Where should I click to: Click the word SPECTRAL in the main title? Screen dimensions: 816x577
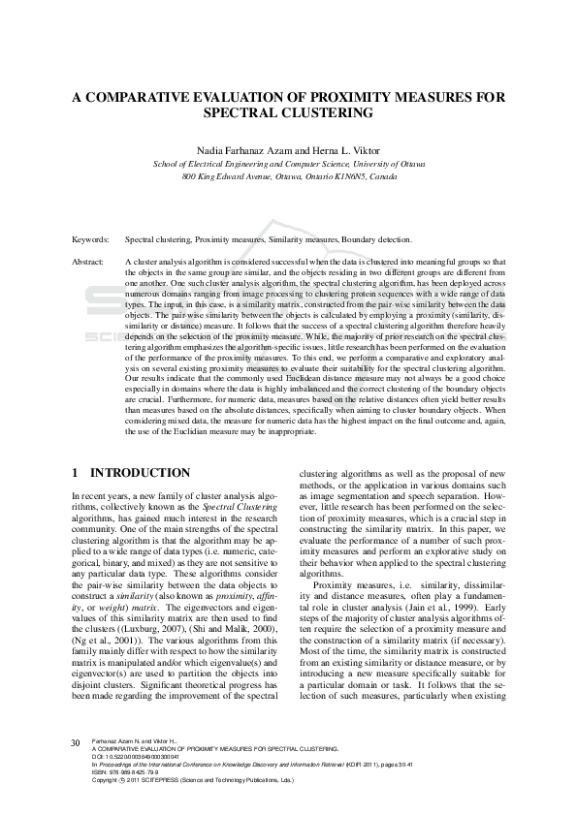pos(240,112)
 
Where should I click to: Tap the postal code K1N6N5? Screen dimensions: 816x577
pos(348,177)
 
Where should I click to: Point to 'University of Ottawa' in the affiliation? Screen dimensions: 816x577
pos(385,165)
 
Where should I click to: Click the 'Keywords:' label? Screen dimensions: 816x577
pos(90,238)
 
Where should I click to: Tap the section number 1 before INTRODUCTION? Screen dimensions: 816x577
pos(77,474)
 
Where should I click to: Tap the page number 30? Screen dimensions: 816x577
pos(75,743)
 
